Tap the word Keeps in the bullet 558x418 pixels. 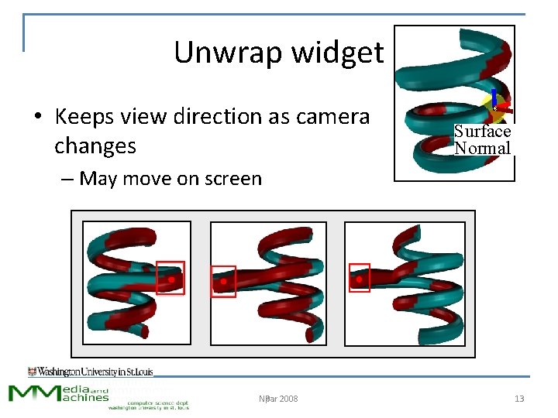pyautogui.click(x=84, y=117)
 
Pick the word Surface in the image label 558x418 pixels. pyautogui.click(x=482, y=132)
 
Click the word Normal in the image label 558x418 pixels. pyautogui.click(x=482, y=148)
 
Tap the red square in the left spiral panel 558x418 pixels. pyautogui.click(x=170, y=278)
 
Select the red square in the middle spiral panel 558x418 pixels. pyautogui.click(x=223, y=282)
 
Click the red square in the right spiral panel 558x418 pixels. pyautogui.click(x=359, y=278)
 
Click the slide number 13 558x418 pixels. pyautogui.click(x=519, y=399)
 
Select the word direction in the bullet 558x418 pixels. pyautogui.click(x=213, y=117)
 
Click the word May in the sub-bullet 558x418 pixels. pyautogui.click(x=98, y=179)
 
